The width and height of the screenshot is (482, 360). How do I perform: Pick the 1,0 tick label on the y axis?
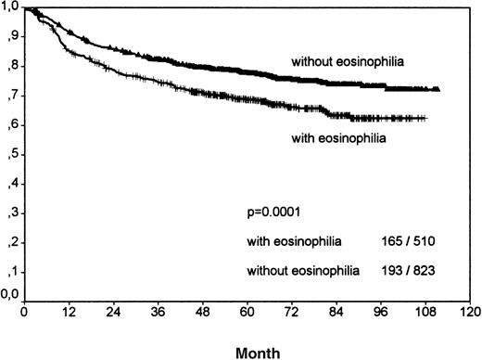pos(10,8)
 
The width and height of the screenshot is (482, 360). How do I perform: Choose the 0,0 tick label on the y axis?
pos(10,297)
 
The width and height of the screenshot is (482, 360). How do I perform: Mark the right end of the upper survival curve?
pos(438,89)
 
